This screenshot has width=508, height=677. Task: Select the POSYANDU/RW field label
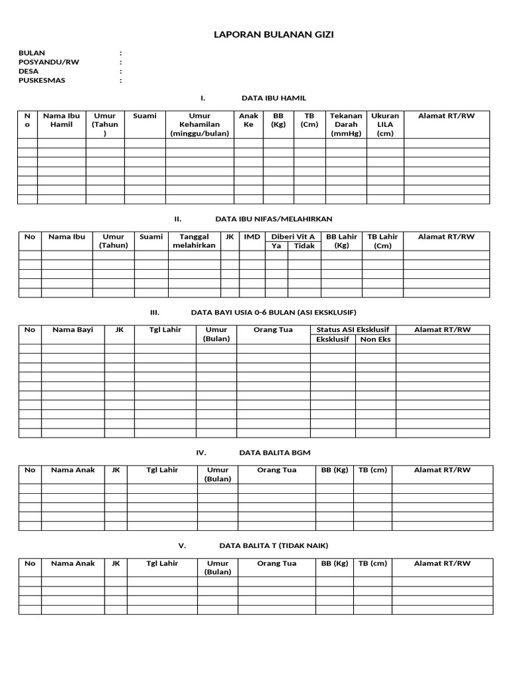click(50, 62)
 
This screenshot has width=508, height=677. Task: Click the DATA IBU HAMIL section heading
click(274, 98)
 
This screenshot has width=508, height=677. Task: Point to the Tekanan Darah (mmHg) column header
click(346, 124)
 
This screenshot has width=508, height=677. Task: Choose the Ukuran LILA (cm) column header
click(385, 124)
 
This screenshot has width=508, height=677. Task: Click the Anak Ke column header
click(249, 120)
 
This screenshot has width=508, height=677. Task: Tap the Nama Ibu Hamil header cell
click(62, 120)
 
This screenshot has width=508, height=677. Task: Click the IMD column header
click(252, 237)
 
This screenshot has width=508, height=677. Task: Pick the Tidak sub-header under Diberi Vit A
click(304, 246)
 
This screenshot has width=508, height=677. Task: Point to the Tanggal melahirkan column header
click(194, 241)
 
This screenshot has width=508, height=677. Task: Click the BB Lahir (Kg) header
click(342, 241)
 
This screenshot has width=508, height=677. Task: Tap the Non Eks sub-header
click(376, 339)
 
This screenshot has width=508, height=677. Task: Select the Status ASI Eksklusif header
click(353, 330)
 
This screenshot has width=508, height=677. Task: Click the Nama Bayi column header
click(73, 330)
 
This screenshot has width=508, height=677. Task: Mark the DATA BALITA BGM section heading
click(273, 453)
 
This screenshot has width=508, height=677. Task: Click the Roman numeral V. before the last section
click(183, 546)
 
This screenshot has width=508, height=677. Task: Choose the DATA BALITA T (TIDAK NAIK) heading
click(273, 546)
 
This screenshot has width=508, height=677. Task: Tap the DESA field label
click(29, 71)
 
